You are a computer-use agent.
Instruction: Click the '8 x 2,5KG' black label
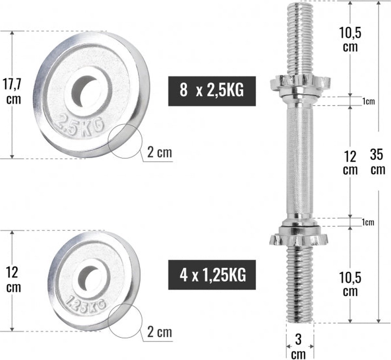tap(212, 91)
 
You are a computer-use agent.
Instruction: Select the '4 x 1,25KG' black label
tap(212, 274)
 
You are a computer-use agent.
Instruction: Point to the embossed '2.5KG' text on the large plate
tap(80, 125)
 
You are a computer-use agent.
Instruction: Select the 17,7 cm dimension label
tap(12, 92)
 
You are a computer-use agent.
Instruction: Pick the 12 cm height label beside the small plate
tap(13, 280)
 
